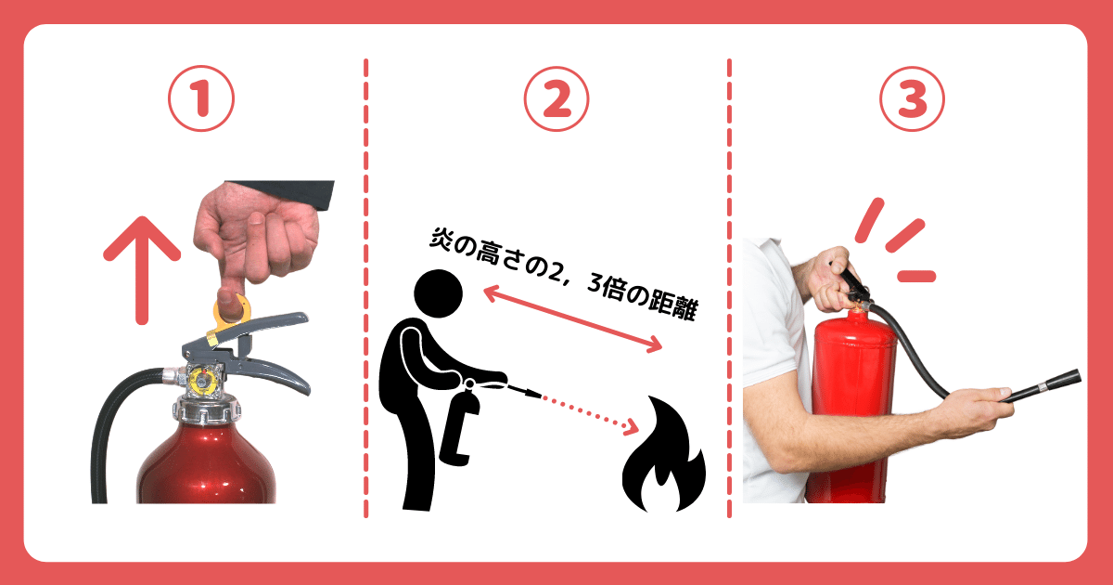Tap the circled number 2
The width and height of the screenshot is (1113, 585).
point(556,99)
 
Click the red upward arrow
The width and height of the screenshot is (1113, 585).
point(141,265)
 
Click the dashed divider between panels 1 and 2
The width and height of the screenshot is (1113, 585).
point(365,288)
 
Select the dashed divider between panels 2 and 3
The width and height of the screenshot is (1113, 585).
point(729,288)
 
